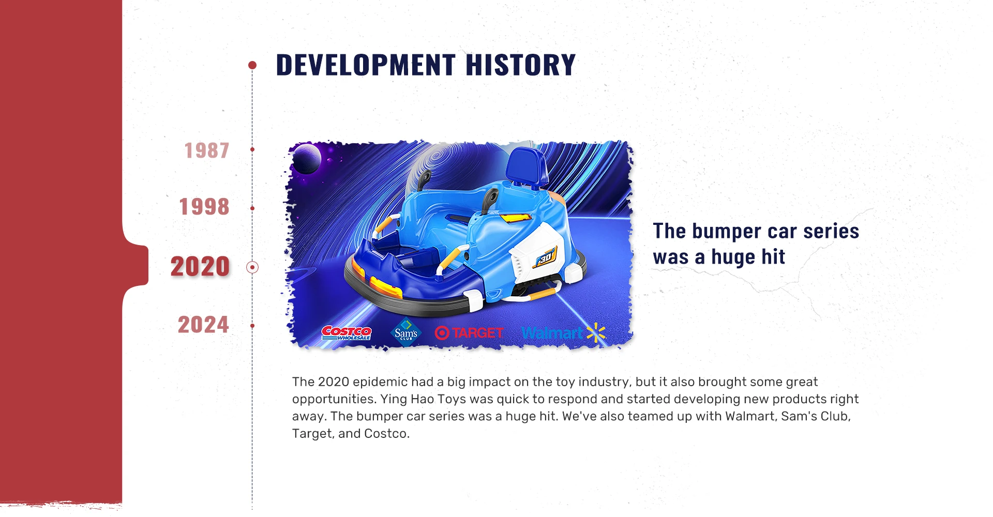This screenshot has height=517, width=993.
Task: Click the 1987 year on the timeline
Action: click(207, 150)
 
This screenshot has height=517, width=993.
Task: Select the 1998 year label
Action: click(204, 207)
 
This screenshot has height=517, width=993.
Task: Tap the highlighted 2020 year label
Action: click(200, 267)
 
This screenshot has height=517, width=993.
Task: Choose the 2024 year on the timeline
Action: click(203, 325)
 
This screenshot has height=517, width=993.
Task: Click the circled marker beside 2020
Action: click(252, 267)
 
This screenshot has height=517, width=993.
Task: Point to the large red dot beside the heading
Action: click(252, 65)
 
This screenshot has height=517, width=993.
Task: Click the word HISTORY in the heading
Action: click(520, 65)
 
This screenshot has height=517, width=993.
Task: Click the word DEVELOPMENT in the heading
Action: click(366, 65)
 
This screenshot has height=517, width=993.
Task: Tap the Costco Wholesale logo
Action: click(346, 333)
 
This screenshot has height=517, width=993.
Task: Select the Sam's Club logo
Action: click(406, 332)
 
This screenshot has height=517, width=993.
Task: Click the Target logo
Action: click(469, 333)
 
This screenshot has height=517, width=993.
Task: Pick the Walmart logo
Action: click(563, 333)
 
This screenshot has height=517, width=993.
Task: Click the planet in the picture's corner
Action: click(306, 159)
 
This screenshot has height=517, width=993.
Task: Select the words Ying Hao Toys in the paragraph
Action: click(424, 399)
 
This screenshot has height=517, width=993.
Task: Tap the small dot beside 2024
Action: click(252, 326)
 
